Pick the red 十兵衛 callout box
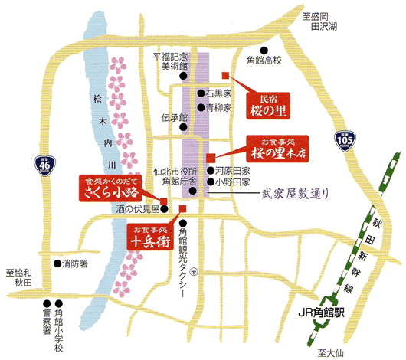[149, 237]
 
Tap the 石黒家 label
[218, 93]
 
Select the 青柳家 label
[218, 108]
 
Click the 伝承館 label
[175, 118]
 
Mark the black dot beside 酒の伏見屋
[164, 208]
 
